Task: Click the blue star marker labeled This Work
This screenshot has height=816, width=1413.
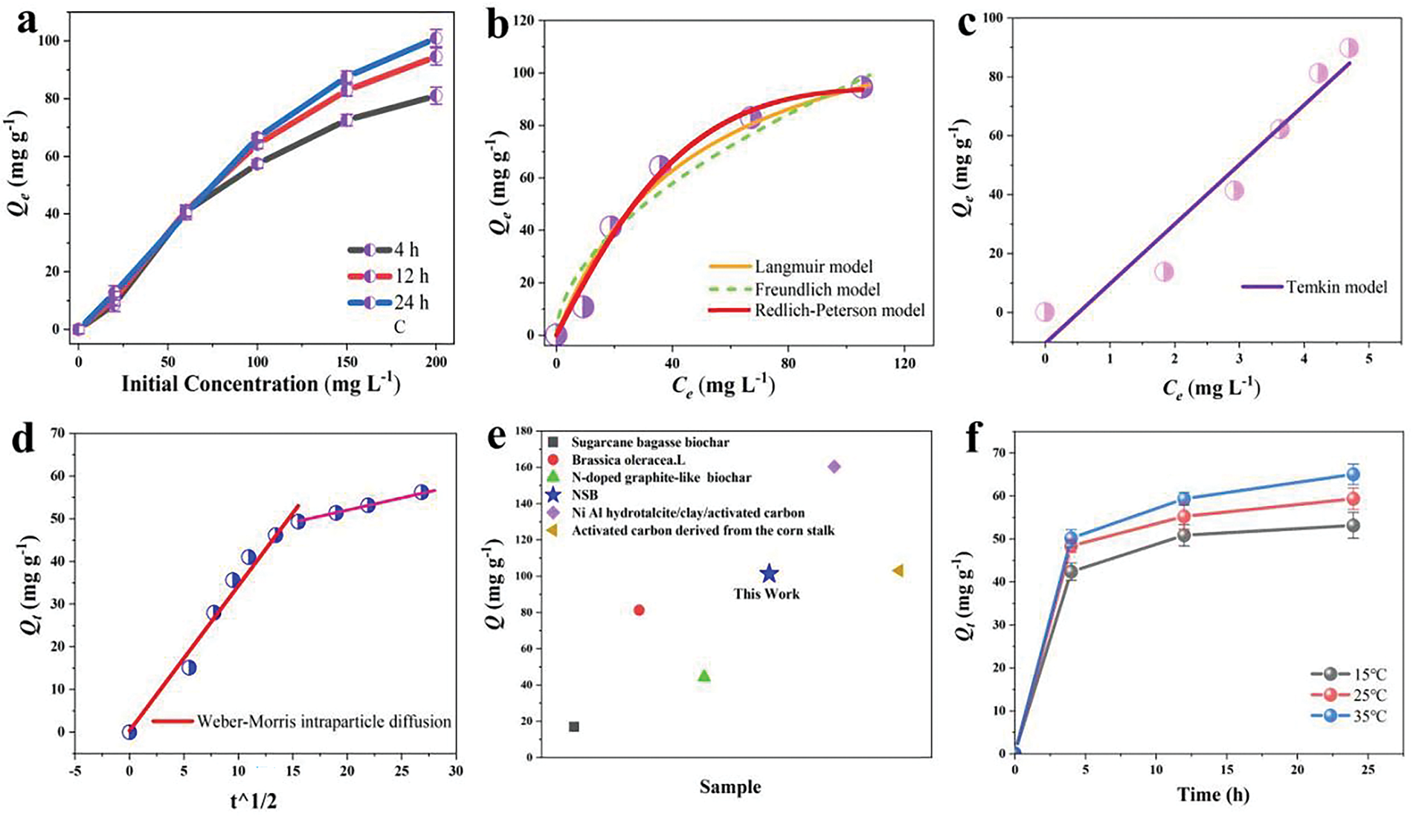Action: pos(769,574)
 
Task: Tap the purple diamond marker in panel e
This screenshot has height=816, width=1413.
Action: pos(834,466)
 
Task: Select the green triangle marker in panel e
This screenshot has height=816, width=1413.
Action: pos(704,675)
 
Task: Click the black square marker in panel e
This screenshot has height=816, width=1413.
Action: pos(574,727)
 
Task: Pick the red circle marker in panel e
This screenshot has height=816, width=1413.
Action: pos(639,610)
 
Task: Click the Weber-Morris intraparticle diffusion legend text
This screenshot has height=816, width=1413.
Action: pos(324,721)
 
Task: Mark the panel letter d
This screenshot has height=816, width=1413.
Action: pos(19,438)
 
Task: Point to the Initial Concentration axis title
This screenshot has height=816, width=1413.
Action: pos(261,385)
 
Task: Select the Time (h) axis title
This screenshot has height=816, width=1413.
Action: pos(1213,794)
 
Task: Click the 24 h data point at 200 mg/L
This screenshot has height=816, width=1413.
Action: pos(436,39)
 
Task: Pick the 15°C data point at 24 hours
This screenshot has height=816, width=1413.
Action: pos(1354,525)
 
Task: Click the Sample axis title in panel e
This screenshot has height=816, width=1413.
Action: pos(730,787)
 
